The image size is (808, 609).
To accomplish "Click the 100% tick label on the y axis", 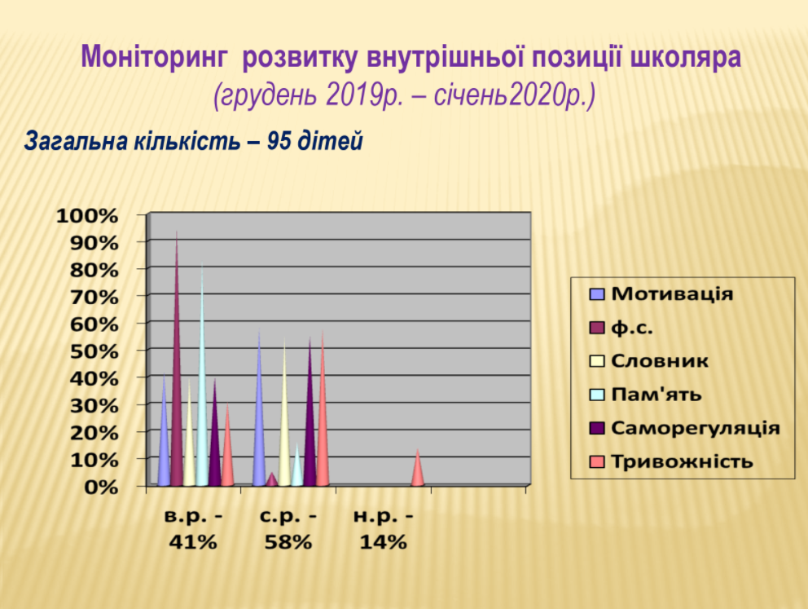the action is tap(87, 216).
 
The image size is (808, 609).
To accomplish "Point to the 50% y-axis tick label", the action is tap(94, 351).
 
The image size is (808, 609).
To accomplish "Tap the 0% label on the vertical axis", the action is tap(101, 488).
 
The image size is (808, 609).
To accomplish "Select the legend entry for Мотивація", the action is tap(661, 294).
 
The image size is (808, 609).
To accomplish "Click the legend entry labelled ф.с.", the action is tap(621, 328).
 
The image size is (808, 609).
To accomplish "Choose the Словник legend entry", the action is tap(649, 361).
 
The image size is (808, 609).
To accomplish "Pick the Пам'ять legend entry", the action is tap(646, 395).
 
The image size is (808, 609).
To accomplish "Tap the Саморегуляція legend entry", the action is tap(685, 428).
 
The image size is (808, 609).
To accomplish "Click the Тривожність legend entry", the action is tap(671, 461).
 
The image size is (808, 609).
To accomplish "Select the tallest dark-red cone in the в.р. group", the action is tap(177, 361).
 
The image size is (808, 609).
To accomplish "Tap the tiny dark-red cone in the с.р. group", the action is tap(271, 479).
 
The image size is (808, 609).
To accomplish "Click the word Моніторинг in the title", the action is tap(154, 58).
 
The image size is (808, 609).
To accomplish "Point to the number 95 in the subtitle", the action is tap(279, 140).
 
